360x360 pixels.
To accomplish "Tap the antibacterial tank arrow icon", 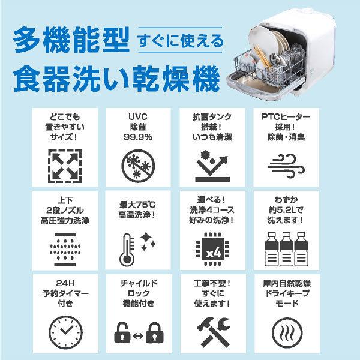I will (214, 162).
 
